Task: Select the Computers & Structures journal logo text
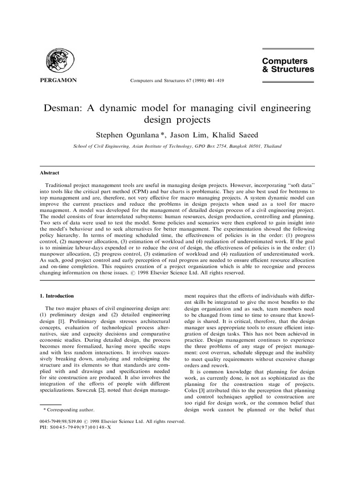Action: pyautogui.click(x=288, y=65)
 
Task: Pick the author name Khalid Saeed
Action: pyautogui.click(x=237, y=135)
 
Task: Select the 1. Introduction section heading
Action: pyautogui.click(x=56, y=296)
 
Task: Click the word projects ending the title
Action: pyautogui.click(x=193, y=120)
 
